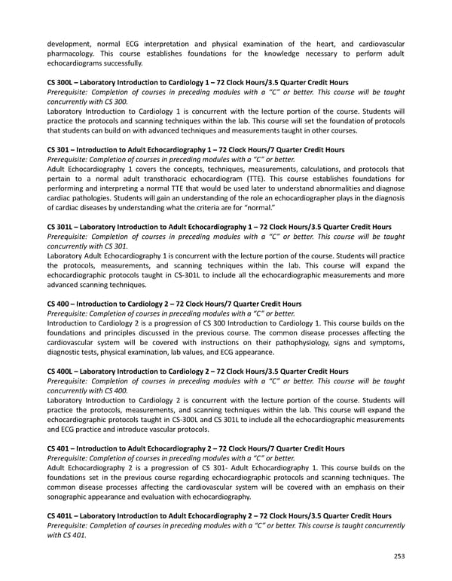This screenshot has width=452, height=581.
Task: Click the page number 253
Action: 399,555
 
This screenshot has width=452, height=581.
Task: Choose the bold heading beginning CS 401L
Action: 224,515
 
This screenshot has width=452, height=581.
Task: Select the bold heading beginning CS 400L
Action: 197,372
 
